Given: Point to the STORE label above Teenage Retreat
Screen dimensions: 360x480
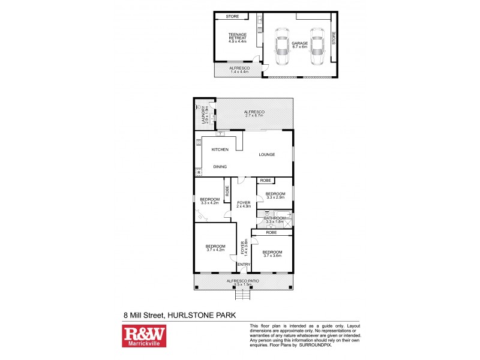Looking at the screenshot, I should (x=232, y=17).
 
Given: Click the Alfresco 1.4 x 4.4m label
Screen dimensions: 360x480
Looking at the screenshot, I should (x=238, y=70).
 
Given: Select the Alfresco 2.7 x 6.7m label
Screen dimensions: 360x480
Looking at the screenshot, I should (x=254, y=114).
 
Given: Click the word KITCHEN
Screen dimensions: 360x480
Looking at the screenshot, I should (x=220, y=149).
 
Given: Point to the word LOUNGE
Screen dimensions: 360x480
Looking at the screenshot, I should (x=266, y=155).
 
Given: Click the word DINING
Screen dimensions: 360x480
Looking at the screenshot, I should (x=220, y=167).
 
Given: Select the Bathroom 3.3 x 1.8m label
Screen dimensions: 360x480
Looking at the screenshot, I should (x=275, y=220).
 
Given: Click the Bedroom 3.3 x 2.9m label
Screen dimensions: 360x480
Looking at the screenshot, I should (x=275, y=195).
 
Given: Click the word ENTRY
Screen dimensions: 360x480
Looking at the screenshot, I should (x=244, y=265).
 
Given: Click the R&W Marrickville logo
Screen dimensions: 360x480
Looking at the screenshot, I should (x=144, y=337).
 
